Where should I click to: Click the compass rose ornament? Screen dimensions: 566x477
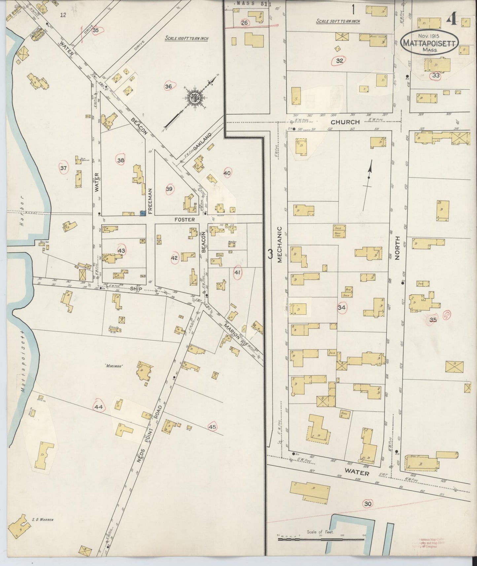pyautogui.click(x=194, y=97)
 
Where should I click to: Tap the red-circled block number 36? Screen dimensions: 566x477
pyautogui.click(x=169, y=87)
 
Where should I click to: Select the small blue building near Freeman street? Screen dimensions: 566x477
pyautogui.click(x=143, y=214)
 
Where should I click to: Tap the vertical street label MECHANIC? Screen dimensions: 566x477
pyautogui.click(x=280, y=244)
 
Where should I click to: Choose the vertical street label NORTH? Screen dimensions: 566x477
pyautogui.click(x=397, y=248)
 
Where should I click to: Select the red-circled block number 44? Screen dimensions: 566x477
pyautogui.click(x=98, y=407)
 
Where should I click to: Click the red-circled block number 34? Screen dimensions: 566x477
pyautogui.click(x=342, y=308)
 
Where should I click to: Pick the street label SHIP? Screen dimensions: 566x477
pyautogui.click(x=136, y=289)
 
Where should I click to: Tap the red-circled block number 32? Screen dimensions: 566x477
pyautogui.click(x=340, y=61)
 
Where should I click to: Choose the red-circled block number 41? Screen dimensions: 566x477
pyautogui.click(x=237, y=272)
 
